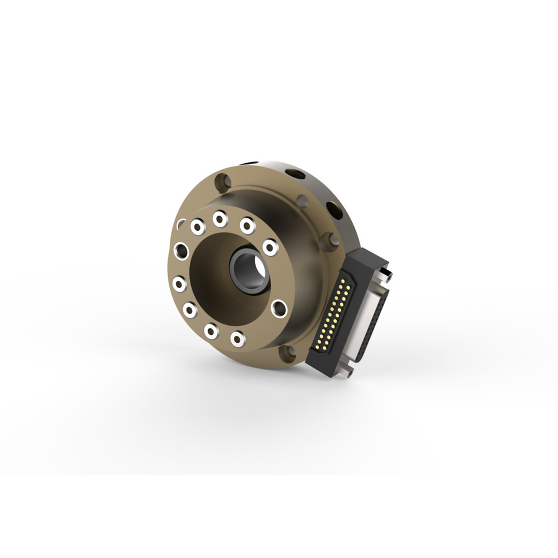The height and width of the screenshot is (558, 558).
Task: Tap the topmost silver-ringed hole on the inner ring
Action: [220, 219]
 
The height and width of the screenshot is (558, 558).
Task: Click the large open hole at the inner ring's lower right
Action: [279, 308]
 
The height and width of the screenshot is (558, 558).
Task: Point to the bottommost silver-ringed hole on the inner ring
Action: [237, 338]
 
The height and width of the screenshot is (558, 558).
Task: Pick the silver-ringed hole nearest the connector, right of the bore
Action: [270, 247]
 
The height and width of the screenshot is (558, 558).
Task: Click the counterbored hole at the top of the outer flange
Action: [224, 183]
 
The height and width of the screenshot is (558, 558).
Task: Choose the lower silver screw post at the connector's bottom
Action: [349, 373]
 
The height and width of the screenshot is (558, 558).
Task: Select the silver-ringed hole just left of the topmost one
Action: [197, 227]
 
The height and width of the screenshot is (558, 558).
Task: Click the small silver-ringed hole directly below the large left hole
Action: [180, 285]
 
